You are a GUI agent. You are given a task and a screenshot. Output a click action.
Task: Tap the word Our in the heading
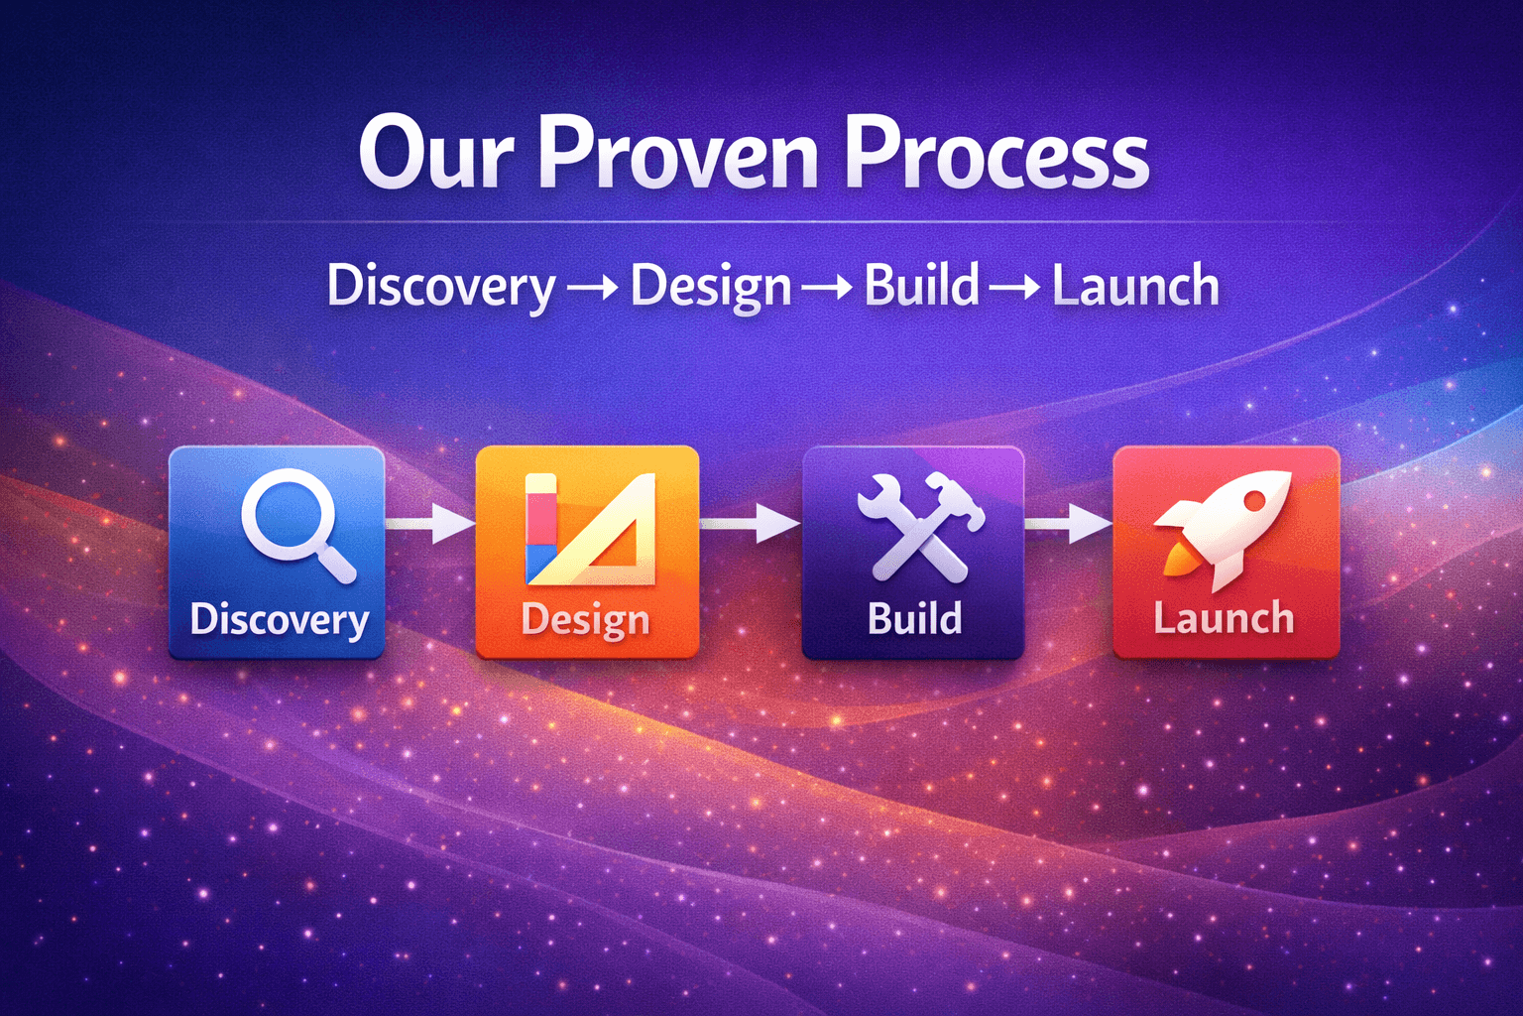(436, 154)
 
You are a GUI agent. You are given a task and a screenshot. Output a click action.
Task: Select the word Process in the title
(996, 154)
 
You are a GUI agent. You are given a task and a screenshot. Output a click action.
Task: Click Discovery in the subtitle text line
(441, 288)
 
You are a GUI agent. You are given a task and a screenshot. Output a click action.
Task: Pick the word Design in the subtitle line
(711, 288)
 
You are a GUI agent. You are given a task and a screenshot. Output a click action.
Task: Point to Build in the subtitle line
(922, 286)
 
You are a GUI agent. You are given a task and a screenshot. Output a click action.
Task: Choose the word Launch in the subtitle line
(1135, 286)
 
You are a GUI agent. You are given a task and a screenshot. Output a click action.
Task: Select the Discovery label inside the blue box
(280, 620)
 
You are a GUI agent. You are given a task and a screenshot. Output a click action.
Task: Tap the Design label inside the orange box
(586, 620)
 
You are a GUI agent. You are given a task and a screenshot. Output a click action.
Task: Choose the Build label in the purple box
(914, 619)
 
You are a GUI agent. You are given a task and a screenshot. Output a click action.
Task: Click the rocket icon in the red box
(1225, 527)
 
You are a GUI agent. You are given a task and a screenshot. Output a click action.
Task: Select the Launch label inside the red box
(1225, 619)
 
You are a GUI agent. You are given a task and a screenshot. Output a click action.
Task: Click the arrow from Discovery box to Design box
(429, 523)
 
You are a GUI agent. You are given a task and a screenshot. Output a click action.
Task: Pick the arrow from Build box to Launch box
(1069, 522)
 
